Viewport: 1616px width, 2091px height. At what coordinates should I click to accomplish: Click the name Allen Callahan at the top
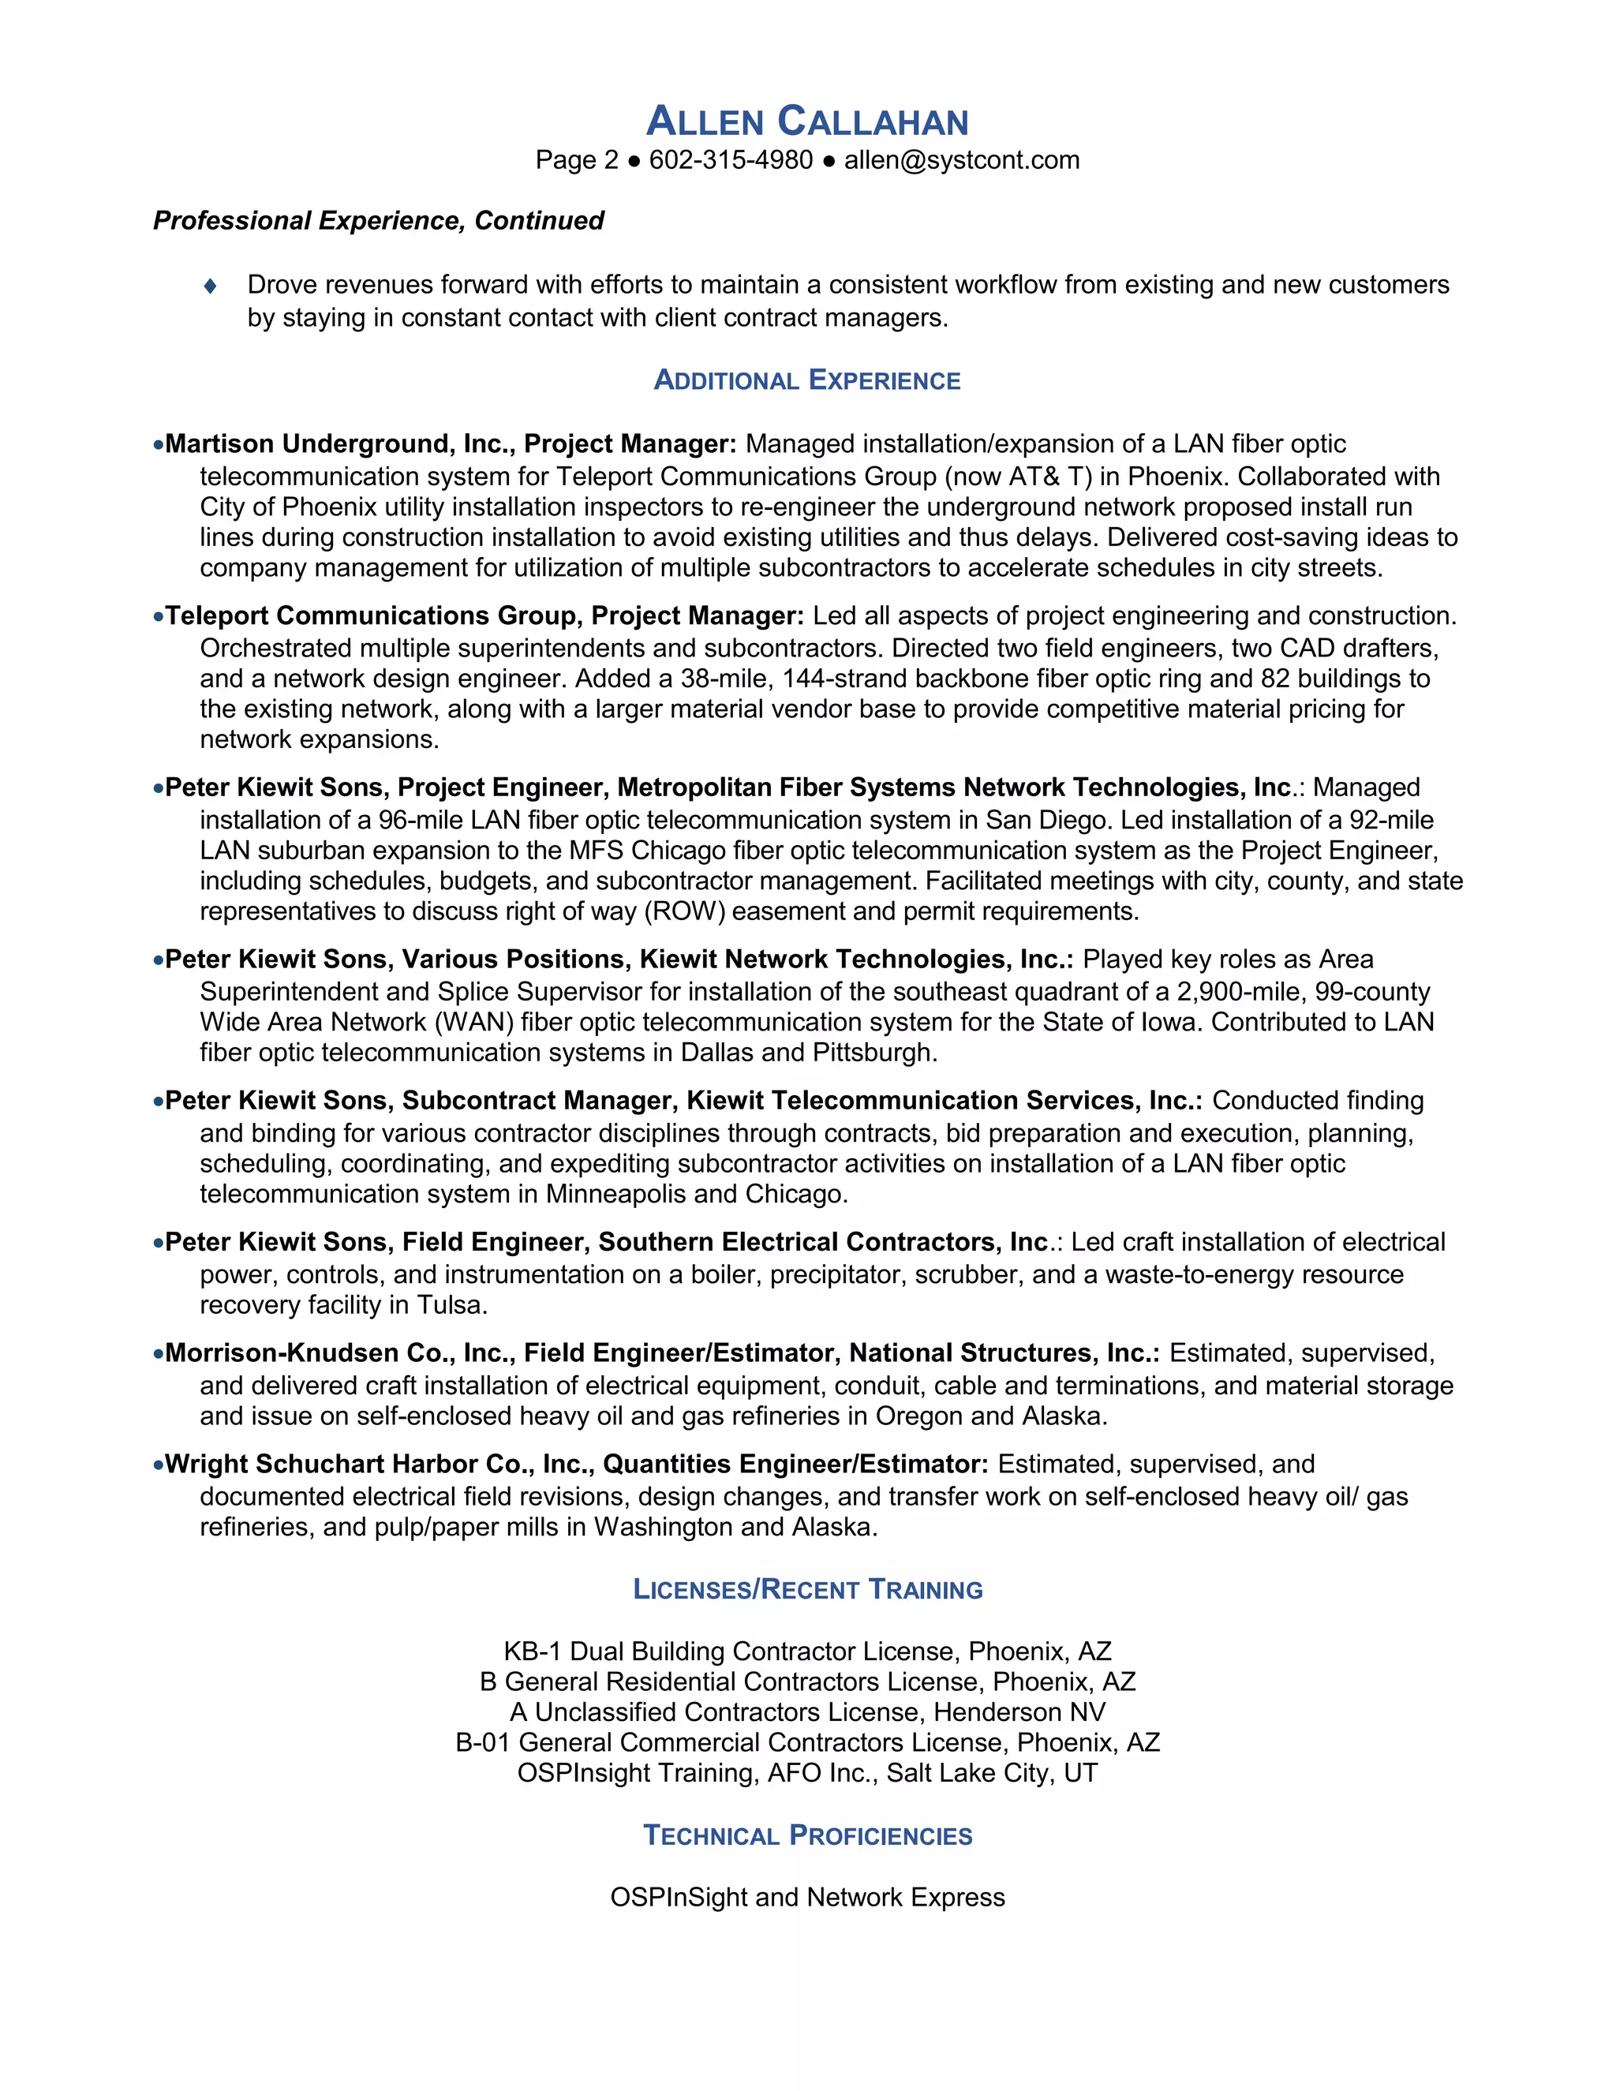coord(807,122)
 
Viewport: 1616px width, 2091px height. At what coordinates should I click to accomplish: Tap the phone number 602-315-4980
coord(731,160)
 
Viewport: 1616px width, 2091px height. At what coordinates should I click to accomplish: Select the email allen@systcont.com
coord(961,160)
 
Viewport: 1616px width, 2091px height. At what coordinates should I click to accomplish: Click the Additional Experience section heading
coord(807,380)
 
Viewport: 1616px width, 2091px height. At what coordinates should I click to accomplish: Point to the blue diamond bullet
coord(211,286)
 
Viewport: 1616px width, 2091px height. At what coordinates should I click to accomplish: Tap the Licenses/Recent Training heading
coord(807,1589)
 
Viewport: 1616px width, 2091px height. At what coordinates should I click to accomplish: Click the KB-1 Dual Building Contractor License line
coord(807,1651)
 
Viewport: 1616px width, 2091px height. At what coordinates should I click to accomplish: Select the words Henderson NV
coord(1019,1712)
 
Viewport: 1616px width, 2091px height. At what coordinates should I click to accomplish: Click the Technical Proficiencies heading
coord(807,1835)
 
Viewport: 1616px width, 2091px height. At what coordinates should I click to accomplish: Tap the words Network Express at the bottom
coord(906,1898)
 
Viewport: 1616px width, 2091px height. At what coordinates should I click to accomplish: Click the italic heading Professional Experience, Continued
coord(378,221)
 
